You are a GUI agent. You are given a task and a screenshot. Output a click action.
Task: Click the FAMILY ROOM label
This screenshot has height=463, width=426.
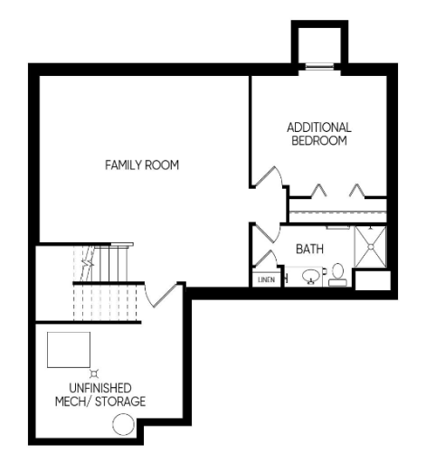pos(142,165)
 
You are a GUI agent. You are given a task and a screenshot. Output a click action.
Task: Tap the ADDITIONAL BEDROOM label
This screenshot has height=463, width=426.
pos(318,134)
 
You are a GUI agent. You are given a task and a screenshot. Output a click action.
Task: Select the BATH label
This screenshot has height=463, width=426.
pos(310,247)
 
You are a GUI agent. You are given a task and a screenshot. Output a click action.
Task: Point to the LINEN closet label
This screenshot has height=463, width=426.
pos(265,280)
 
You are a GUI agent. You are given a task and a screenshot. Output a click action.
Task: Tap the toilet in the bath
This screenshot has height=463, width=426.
pos(338,273)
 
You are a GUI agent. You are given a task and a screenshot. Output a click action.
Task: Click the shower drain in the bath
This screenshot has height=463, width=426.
pos(372,245)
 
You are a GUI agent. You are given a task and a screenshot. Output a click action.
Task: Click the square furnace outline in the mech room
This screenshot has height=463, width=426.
pos(69,349)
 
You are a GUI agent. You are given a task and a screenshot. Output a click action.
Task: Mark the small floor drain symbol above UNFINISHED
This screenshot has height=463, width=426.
pos(94,371)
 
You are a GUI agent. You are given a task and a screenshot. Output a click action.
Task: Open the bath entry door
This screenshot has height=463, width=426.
pos(264,233)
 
